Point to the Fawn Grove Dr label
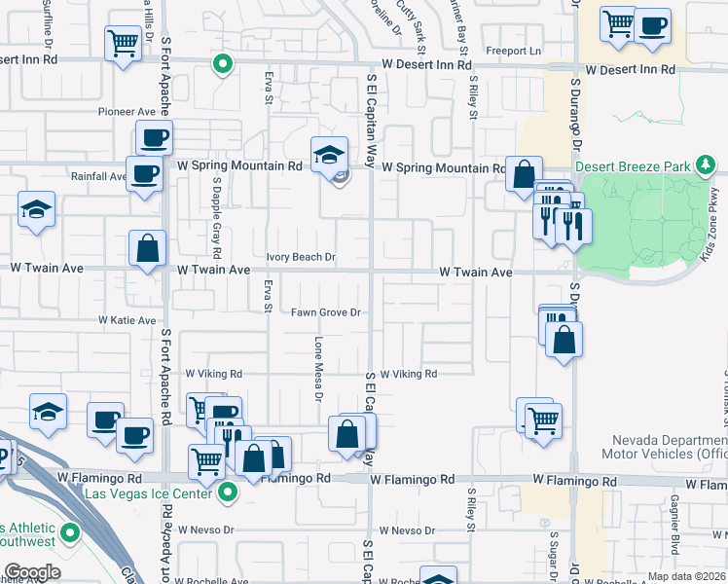click(x=326, y=312)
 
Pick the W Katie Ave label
click(x=127, y=320)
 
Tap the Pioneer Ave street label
click(x=127, y=112)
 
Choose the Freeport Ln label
click(x=513, y=51)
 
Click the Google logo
click(x=32, y=572)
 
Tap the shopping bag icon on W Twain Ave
click(x=147, y=248)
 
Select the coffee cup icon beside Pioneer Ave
click(x=153, y=139)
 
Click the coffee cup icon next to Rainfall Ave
click(x=145, y=175)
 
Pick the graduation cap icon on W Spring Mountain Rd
click(x=329, y=154)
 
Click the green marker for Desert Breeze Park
click(x=709, y=165)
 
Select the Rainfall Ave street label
click(x=98, y=177)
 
